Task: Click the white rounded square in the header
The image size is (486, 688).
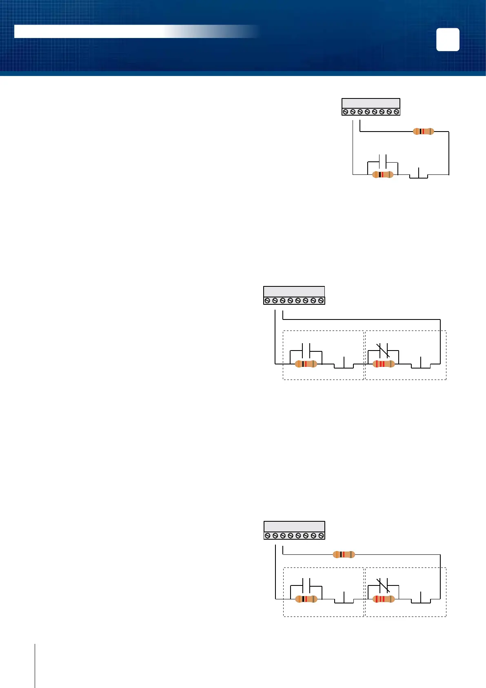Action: tap(448, 40)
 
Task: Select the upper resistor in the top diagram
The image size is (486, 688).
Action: tap(423, 132)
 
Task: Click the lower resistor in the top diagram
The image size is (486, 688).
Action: tap(383, 174)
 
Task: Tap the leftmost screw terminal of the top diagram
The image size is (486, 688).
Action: tap(345, 112)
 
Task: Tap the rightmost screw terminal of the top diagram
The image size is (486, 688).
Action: tap(396, 112)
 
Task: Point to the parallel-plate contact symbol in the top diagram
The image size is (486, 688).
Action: tap(383, 160)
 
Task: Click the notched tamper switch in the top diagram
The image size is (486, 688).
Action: tap(419, 174)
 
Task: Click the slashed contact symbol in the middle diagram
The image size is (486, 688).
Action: tap(383, 350)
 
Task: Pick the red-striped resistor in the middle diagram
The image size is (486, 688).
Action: tap(384, 364)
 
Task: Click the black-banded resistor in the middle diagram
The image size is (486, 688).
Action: tap(306, 364)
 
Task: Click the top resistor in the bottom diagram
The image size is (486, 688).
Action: tap(344, 554)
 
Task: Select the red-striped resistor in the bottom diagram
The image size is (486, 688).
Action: tap(384, 599)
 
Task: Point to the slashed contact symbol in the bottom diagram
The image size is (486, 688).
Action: tap(383, 585)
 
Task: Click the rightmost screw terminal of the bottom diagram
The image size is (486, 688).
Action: tap(321, 535)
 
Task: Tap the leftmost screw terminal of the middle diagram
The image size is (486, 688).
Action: tap(267, 301)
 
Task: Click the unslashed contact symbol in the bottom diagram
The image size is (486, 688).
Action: tap(306, 585)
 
